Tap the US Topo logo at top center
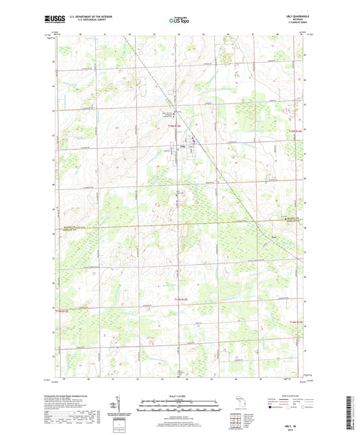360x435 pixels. [x=180, y=20]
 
